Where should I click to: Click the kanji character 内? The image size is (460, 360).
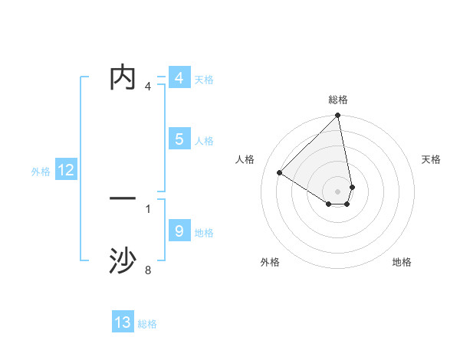coord(123,78)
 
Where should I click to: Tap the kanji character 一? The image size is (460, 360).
coord(123,199)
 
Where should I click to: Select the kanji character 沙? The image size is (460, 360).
coord(123,261)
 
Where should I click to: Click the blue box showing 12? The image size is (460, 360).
coord(66,171)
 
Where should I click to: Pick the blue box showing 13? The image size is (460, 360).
coord(123,322)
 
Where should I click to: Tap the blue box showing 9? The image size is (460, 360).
coord(179,231)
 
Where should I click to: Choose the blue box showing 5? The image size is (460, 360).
coord(179,139)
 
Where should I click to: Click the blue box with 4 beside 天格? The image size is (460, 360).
coord(179,78)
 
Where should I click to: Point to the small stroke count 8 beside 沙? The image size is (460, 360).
coord(148,270)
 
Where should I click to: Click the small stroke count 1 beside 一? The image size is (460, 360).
coord(148,208)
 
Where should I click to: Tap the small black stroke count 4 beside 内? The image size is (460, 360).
coord(148,87)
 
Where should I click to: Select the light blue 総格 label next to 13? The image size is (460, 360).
coord(147,324)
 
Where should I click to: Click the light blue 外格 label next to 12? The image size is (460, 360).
coord(41,172)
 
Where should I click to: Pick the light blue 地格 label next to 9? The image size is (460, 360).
coord(204,232)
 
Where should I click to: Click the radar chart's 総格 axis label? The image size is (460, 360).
coord(338,100)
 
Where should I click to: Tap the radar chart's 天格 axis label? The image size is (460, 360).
coord(431,159)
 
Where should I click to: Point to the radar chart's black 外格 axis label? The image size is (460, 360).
coord(270,262)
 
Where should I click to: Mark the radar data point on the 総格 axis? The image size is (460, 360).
coord(338,116)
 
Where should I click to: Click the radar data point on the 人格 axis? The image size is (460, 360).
coord(280,172)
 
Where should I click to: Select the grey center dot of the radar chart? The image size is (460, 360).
coord(337,191)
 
